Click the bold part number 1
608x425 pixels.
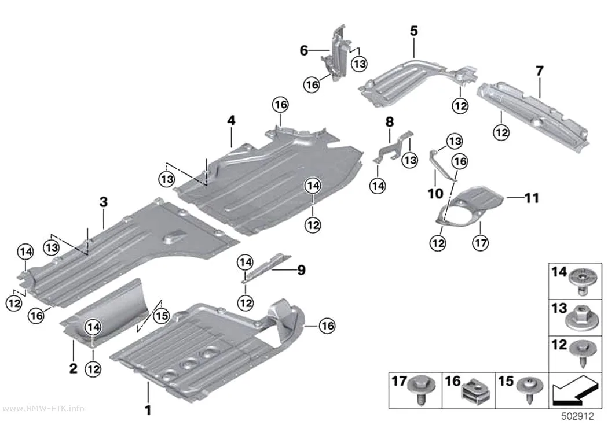(x=148, y=410)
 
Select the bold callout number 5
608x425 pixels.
(x=414, y=31)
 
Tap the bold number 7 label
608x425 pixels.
(x=539, y=71)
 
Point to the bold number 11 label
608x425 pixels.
(x=532, y=198)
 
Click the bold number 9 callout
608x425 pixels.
(x=301, y=270)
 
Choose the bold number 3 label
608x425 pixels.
(x=103, y=202)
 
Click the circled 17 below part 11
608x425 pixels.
(x=481, y=243)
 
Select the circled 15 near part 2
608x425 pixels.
(x=162, y=316)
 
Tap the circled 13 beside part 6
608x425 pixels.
(x=359, y=64)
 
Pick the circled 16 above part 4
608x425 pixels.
(x=281, y=105)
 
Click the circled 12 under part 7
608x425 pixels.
(x=501, y=132)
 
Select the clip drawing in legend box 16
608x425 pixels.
(x=475, y=391)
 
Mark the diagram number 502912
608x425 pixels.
(x=577, y=416)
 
